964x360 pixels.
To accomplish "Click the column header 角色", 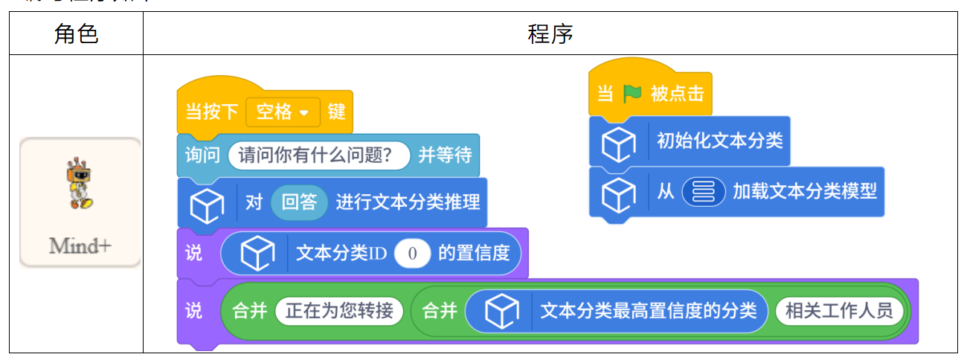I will [x=76, y=33].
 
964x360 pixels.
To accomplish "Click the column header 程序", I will [x=550, y=33].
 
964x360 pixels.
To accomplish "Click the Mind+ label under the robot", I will [x=80, y=245].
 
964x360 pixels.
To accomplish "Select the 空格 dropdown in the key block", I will [x=283, y=112].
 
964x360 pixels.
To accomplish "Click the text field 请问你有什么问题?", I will [x=319, y=155].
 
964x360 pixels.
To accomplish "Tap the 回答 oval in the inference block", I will [x=299, y=202].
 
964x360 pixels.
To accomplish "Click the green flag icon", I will [x=632, y=94].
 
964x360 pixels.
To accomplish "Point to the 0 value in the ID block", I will [x=412, y=254].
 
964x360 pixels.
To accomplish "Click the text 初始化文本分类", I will [x=719, y=141].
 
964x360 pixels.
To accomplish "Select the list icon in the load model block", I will [x=703, y=191].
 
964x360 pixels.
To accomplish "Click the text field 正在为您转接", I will [x=339, y=310].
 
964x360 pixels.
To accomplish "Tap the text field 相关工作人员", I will [x=838, y=310].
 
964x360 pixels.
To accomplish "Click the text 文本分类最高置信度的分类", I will [x=648, y=310].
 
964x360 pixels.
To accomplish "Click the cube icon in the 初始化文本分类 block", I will [x=618, y=144].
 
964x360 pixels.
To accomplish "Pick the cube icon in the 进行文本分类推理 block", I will [x=207, y=205].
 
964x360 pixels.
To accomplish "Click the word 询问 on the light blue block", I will [x=202, y=155].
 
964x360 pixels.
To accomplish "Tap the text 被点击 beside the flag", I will [x=677, y=94].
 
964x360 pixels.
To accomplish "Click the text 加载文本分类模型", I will [x=804, y=191].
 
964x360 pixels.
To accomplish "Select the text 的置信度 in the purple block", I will [x=474, y=254].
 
